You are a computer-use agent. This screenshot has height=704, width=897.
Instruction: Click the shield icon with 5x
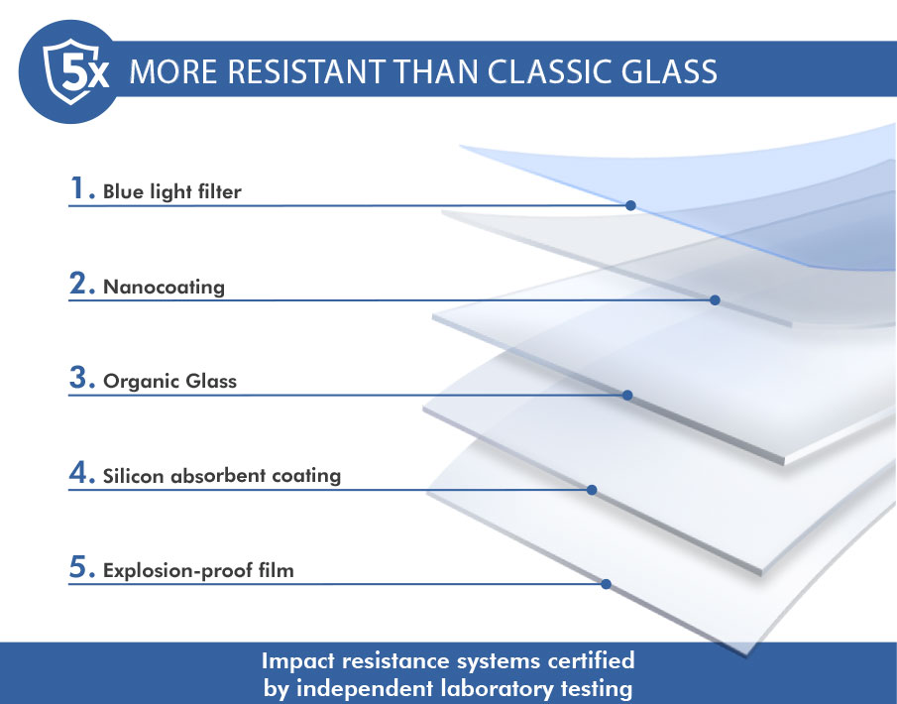tap(71, 71)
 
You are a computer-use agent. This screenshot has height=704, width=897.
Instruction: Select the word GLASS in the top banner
tap(669, 72)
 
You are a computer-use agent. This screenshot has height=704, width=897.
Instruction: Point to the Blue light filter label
tap(172, 191)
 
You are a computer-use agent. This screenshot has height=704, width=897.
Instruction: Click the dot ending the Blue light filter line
tap(630, 205)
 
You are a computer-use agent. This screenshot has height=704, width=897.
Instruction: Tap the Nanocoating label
tap(164, 287)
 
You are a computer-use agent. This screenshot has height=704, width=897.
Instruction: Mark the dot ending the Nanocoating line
tap(715, 299)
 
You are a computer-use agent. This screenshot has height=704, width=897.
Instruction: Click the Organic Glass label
tap(169, 381)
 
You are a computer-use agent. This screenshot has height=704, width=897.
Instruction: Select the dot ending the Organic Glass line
tap(627, 395)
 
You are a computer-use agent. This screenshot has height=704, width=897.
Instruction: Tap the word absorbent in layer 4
tap(218, 476)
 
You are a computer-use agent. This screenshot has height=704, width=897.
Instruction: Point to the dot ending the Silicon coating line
tap(592, 490)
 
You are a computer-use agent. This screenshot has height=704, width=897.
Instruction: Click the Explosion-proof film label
tap(198, 571)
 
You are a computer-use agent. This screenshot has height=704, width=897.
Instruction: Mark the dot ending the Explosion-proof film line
tap(606, 584)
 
